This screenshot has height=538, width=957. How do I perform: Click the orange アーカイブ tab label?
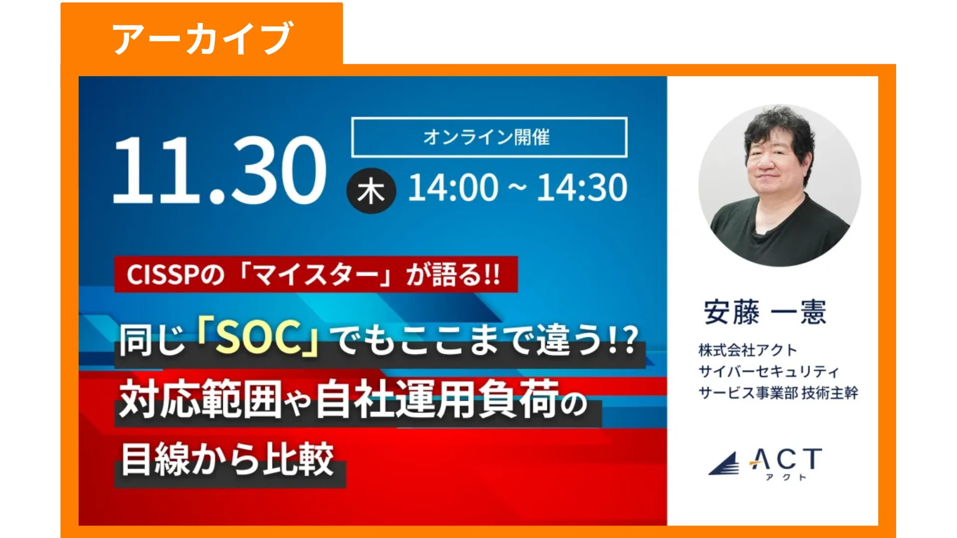pos(202,38)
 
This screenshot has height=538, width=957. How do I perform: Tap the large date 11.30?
pos(220,169)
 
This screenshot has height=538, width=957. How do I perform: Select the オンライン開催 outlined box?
pos(489,137)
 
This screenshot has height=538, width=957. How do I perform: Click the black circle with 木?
pos(371,191)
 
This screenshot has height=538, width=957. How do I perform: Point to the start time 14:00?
pos(453,188)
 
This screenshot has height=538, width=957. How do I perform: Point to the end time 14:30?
pos(582,188)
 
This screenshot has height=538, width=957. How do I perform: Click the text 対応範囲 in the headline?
pos(200,399)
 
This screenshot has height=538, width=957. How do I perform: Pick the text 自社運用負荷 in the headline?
pos(437,399)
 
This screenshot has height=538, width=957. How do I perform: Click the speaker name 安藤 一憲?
pos(765,312)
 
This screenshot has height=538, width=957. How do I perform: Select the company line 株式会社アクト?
pos(748,350)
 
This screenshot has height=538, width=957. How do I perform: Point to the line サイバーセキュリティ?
pos(769,372)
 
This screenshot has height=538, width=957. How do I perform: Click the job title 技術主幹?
pos(830,393)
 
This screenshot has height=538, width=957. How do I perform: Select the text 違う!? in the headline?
pos(588,340)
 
